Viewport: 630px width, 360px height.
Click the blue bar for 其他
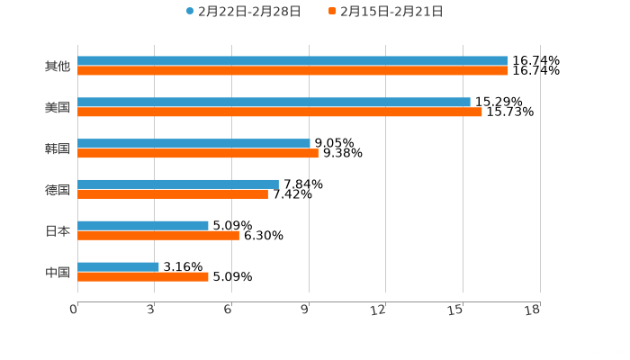[292, 61]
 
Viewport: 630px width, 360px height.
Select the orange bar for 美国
[279, 112]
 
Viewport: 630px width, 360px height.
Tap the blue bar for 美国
[274, 103]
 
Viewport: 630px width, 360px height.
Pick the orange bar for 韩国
[198, 153]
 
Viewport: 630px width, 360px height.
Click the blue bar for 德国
[178, 184]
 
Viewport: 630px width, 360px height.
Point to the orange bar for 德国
[173, 193]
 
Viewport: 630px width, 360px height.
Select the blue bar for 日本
[143, 225]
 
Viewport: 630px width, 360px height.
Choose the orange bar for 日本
[158, 235]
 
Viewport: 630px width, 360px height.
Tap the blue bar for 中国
[118, 266]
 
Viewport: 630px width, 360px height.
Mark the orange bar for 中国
[143, 276]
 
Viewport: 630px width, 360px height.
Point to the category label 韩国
[57, 148]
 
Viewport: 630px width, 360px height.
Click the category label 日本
[57, 230]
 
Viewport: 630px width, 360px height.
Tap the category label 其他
[57, 66]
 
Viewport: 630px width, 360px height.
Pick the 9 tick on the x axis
[307, 310]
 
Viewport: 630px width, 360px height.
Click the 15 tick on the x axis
[459, 310]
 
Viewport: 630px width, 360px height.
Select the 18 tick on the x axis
[534, 310]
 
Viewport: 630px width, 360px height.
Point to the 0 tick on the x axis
[75, 310]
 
